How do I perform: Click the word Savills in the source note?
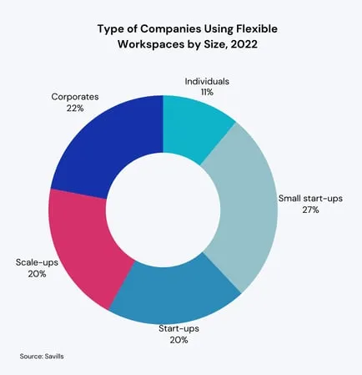[52, 357]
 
